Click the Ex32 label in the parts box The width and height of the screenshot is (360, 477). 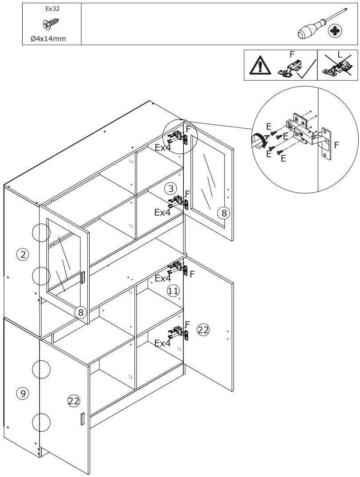click(x=52, y=8)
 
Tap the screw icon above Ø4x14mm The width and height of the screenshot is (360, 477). click(x=52, y=24)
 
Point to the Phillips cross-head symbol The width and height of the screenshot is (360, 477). click(x=335, y=31)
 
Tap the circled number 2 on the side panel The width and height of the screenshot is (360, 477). click(x=23, y=254)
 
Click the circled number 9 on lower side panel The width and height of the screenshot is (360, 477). click(x=23, y=393)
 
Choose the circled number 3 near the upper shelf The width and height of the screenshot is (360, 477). click(x=170, y=189)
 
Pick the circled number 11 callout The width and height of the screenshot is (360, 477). click(x=173, y=291)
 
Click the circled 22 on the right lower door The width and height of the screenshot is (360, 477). click(x=203, y=330)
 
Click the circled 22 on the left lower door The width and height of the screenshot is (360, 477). click(x=74, y=401)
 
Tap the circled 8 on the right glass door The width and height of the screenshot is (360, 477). click(x=224, y=213)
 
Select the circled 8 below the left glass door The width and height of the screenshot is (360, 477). click(x=80, y=312)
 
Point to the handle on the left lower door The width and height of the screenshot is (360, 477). click(x=82, y=419)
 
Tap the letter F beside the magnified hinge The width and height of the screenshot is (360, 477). click(x=336, y=145)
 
